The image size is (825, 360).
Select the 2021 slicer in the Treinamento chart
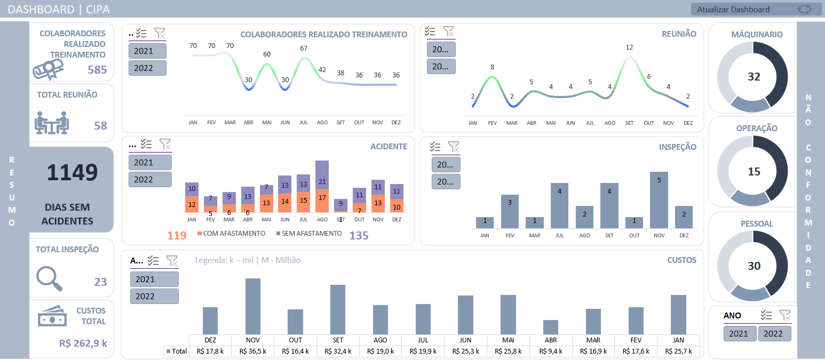point(147,51)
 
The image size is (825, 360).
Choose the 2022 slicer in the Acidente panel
point(150,180)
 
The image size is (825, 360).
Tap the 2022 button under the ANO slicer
point(774,334)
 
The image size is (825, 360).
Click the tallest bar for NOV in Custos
point(253,306)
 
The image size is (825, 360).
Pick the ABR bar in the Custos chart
point(551,327)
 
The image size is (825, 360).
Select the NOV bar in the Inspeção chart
point(659,200)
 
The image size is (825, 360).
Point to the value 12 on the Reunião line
point(629,47)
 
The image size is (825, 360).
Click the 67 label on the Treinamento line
point(304,49)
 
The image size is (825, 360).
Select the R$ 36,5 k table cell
point(253,351)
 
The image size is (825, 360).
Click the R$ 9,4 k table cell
point(551,351)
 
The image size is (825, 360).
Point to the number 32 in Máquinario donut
point(753,77)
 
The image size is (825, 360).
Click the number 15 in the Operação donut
point(753,172)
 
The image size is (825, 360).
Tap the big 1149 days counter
point(73,173)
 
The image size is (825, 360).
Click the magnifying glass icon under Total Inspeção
point(50,278)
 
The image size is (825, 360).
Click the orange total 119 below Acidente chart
point(177,236)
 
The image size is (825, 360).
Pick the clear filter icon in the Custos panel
point(172,261)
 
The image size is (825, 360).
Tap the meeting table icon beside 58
point(52,122)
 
